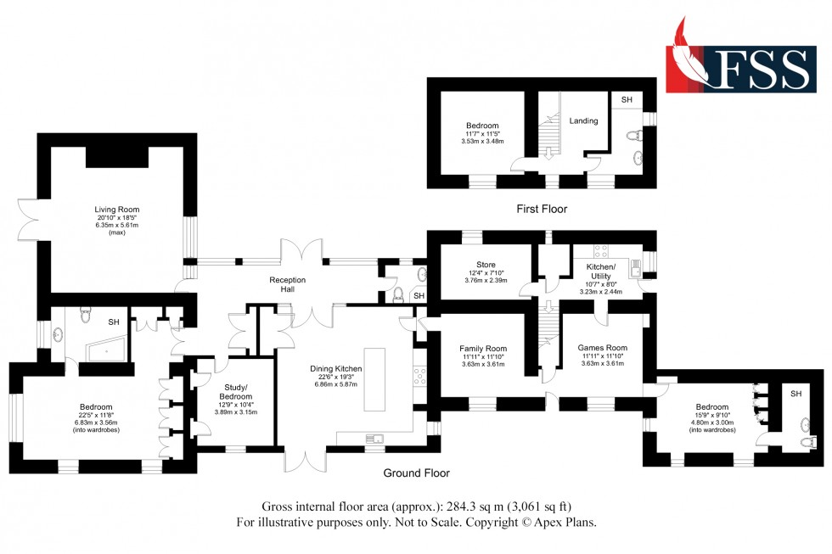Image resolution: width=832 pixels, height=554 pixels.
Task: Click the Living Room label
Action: (117, 210)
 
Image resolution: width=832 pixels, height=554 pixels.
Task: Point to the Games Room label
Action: (602, 348)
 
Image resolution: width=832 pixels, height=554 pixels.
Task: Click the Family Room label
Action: (483, 349)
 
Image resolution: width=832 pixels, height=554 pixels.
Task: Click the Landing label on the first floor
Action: (583, 121)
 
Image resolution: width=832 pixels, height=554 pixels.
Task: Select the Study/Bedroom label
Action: (235, 392)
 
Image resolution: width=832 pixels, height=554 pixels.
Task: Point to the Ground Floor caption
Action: (415, 473)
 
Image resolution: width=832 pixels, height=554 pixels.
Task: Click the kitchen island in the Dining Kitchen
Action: (374, 377)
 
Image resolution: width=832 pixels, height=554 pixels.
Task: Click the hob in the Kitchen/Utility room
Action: (601, 250)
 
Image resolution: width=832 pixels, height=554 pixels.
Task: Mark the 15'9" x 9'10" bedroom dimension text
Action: (711, 416)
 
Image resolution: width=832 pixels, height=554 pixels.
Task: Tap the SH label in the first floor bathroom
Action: (627, 100)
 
